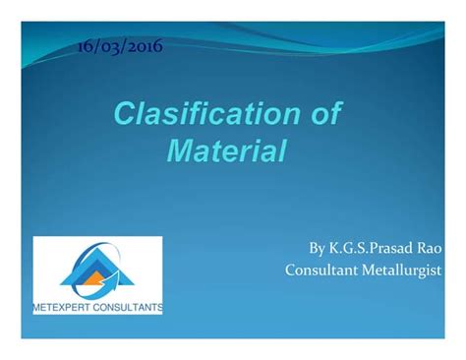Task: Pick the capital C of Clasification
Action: (x=123, y=115)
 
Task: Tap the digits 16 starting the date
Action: (x=85, y=45)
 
